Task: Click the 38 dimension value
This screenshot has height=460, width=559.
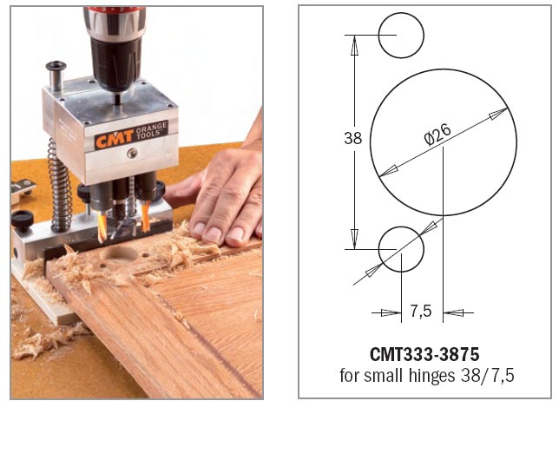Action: (353, 138)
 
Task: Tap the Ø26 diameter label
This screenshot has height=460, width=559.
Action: (437, 135)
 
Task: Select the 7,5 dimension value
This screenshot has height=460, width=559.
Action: (421, 312)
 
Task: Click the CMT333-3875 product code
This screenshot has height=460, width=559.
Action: (424, 354)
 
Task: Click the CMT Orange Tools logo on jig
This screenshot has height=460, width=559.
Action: (131, 135)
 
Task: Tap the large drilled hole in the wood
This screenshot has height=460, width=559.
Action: (119, 254)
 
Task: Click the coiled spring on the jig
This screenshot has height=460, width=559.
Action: (59, 186)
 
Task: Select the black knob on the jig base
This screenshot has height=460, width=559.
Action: (22, 218)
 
